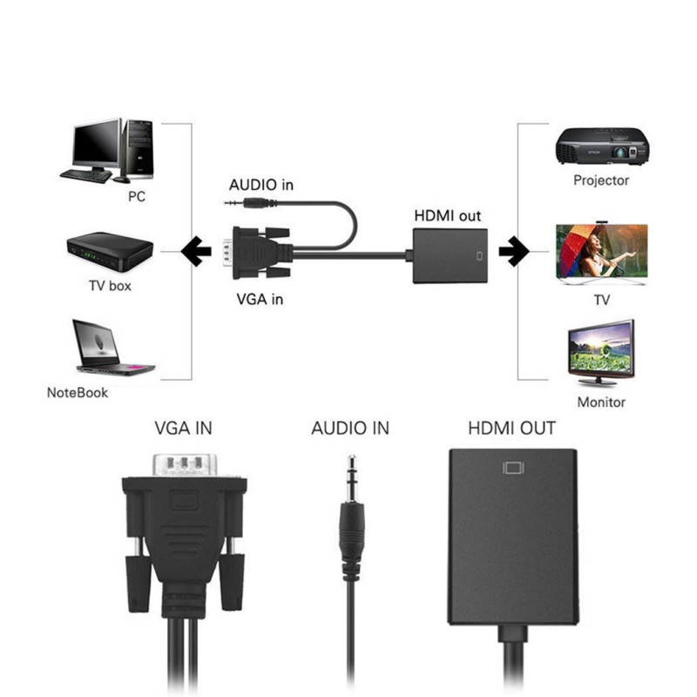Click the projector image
click(x=602, y=145)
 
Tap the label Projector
click(x=601, y=180)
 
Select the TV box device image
click(x=110, y=251)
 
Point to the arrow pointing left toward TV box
click(x=196, y=252)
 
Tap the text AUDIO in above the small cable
click(x=261, y=185)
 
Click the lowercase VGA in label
click(x=260, y=299)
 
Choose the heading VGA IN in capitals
click(x=183, y=428)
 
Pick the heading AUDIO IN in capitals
click(x=350, y=428)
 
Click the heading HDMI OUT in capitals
click(x=511, y=428)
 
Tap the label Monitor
click(x=601, y=403)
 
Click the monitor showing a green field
click(x=601, y=350)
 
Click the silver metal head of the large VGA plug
click(x=184, y=464)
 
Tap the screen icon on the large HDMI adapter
click(x=513, y=468)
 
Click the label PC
click(x=137, y=197)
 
